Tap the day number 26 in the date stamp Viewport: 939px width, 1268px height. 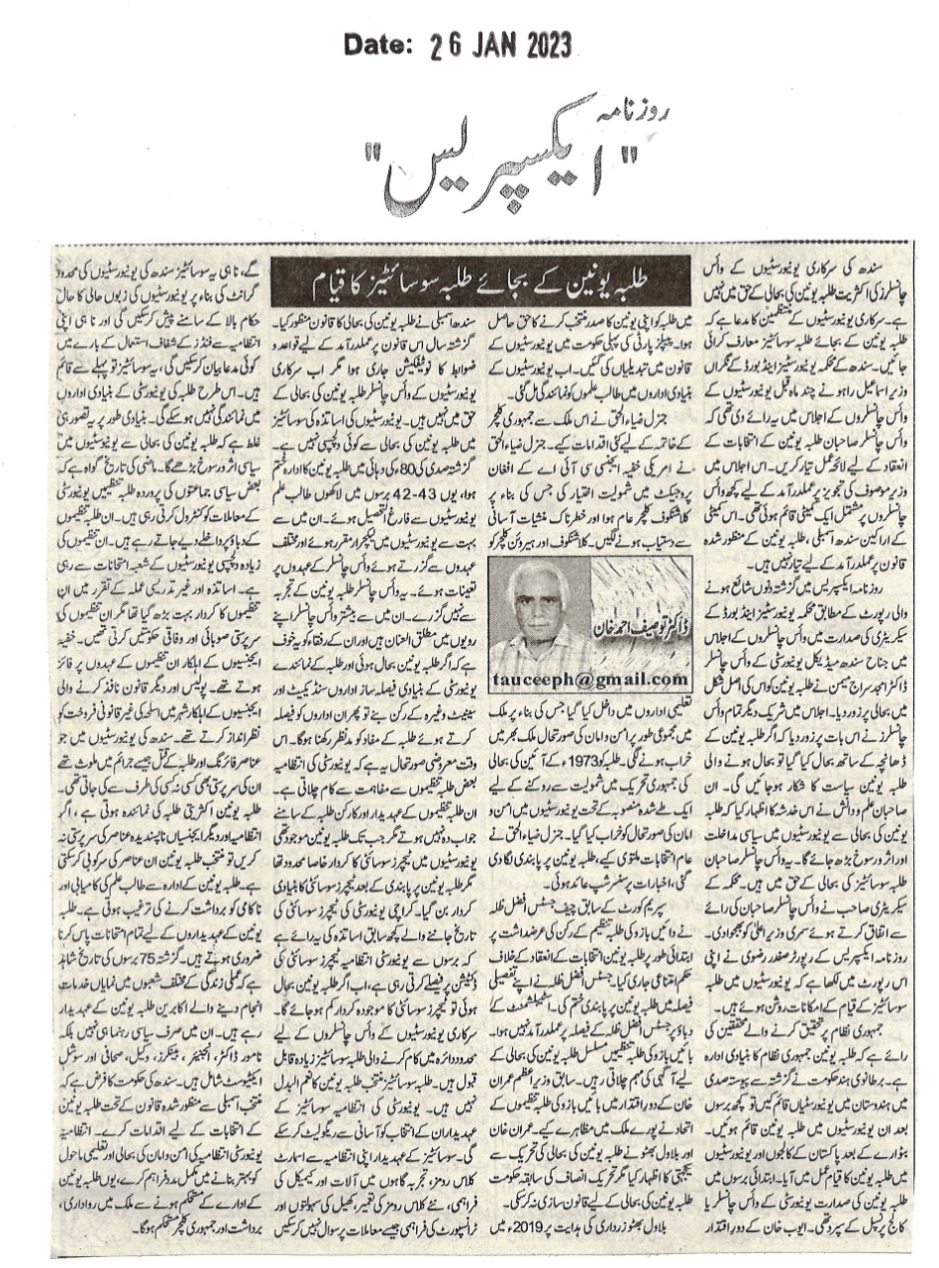[x=448, y=45]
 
